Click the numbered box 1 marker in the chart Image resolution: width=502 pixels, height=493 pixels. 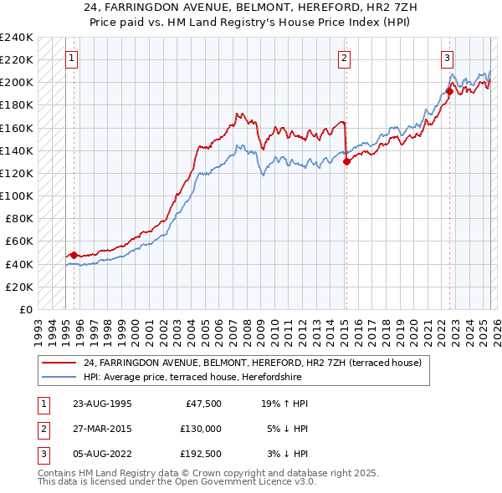(x=72, y=58)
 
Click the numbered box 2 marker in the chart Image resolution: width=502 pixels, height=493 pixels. (x=345, y=58)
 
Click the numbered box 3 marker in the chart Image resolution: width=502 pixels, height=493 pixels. (x=448, y=58)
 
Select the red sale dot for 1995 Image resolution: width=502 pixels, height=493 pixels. (x=74, y=255)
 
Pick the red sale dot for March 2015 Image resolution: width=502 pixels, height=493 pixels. (x=346, y=162)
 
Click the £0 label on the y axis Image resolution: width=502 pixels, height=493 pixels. (x=25, y=309)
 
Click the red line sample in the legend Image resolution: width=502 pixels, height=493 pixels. (x=59, y=362)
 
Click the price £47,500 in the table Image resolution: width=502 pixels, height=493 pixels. (x=202, y=404)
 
